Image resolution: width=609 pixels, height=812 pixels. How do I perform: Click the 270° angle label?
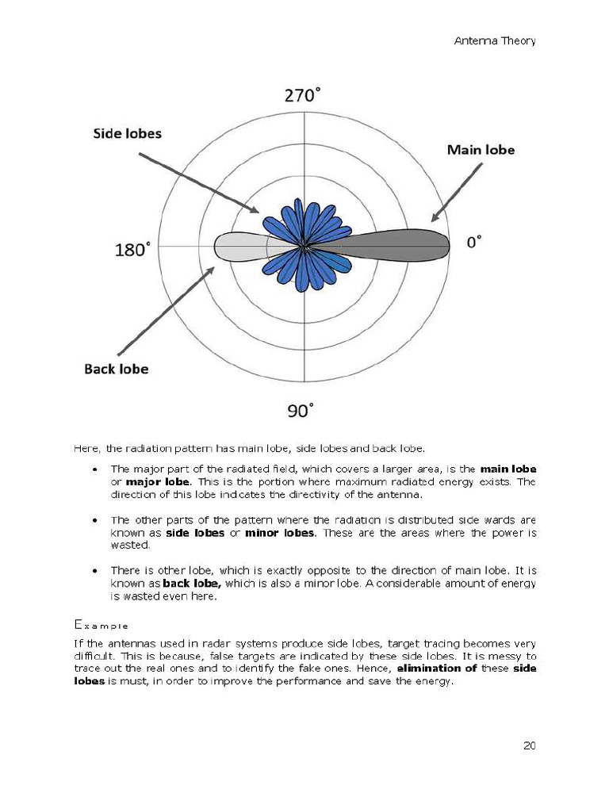pyautogui.click(x=303, y=96)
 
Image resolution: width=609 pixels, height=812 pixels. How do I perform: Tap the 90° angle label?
pyautogui.click(x=300, y=411)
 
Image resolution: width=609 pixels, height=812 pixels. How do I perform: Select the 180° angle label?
pyautogui.click(x=132, y=250)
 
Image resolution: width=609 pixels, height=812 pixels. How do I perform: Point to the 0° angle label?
pyautogui.click(x=473, y=242)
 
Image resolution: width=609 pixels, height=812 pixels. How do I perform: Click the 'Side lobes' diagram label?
pyautogui.click(x=127, y=133)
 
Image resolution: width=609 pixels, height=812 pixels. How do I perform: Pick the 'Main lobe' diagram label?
pyautogui.click(x=481, y=149)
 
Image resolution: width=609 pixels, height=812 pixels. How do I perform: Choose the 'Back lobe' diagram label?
pyautogui.click(x=117, y=369)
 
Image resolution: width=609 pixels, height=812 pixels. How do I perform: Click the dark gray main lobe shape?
pyautogui.click(x=396, y=244)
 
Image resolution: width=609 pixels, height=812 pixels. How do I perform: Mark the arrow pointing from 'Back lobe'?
pyautogui.click(x=167, y=311)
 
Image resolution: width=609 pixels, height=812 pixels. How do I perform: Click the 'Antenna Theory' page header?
pyautogui.click(x=494, y=40)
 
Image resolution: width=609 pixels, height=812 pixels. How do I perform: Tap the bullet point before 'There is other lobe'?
pyautogui.click(x=95, y=571)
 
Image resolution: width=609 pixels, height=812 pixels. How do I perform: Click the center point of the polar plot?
pyautogui.click(x=304, y=246)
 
